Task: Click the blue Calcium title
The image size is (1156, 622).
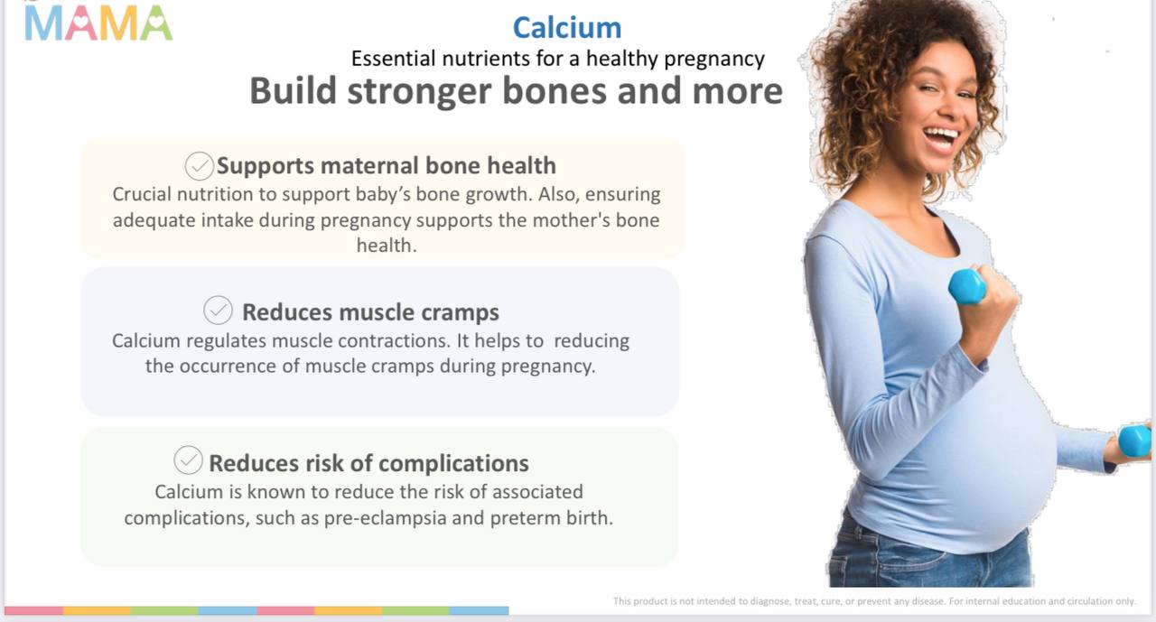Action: [566, 27]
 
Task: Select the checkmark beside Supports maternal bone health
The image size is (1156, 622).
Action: [200, 166]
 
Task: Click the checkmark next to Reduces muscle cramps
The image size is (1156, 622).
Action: [218, 311]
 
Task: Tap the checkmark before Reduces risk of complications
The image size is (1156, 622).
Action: [189, 460]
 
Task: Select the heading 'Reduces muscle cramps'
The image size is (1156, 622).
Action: [370, 312]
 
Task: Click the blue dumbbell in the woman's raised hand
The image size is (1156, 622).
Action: [967, 287]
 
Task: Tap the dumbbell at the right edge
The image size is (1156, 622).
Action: [1134, 441]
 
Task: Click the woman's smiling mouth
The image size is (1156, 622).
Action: [941, 139]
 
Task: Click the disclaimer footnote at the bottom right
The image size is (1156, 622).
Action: [875, 601]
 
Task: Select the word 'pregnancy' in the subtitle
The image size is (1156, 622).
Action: [714, 60]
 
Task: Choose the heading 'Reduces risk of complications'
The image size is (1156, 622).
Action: [368, 463]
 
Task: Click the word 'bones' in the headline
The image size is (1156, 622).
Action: [555, 91]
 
